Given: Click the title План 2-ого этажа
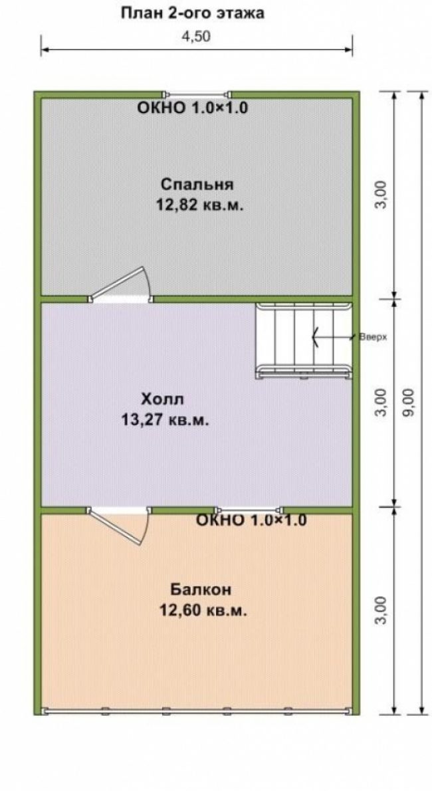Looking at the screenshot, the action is (192, 13).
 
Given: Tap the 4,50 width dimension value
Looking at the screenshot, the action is (196, 37).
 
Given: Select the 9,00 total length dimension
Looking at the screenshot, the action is (409, 402).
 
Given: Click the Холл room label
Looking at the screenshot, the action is (163, 399).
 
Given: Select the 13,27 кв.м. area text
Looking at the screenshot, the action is (165, 419).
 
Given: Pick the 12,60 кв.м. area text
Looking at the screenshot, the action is (203, 610).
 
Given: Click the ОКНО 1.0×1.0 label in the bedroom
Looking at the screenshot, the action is (192, 108).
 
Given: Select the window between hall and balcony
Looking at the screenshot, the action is (249, 510).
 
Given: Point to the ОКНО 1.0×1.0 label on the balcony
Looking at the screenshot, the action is (251, 520).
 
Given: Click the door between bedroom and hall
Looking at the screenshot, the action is (120, 284).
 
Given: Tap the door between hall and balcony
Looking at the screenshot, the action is (118, 525).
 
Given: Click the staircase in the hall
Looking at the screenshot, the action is (303, 340).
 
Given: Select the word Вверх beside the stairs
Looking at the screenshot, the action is (373, 338).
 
